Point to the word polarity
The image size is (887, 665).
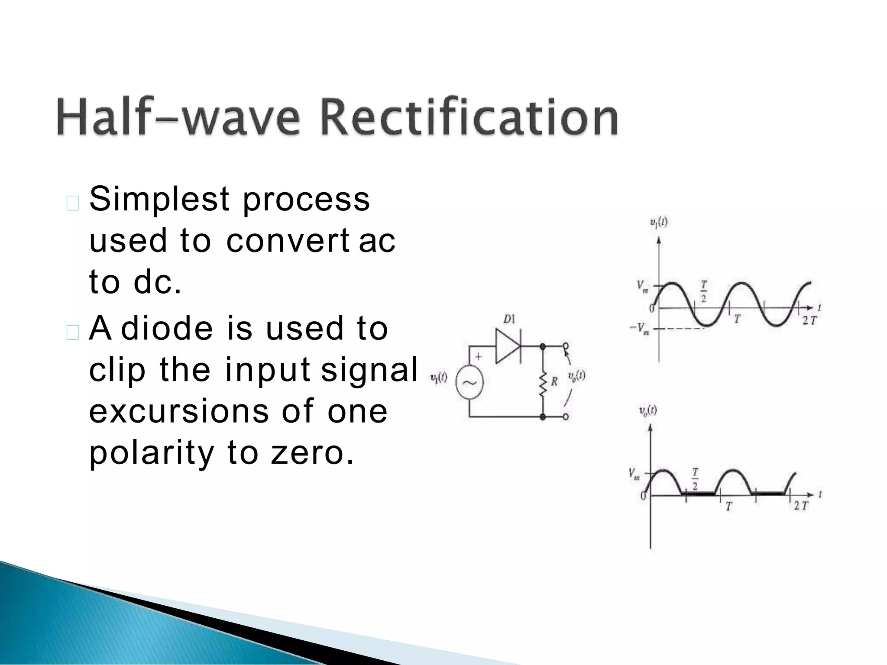pos(151,453)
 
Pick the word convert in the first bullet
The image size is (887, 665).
pos(287,240)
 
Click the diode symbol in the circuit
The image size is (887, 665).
pos(508,346)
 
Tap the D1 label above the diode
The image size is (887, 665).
pos(509,320)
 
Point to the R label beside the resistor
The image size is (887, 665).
pos(554,381)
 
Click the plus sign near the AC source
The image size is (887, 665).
pos(479,356)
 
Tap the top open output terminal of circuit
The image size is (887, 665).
pos(565,346)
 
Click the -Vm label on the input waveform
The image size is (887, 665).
pos(639,329)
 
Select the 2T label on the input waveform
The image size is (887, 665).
pos(809,321)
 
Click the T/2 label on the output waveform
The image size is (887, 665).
pos(695,478)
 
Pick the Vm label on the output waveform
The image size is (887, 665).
pos(634,474)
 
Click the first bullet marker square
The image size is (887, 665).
pos(72,203)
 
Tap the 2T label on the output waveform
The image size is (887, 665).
pos(801,506)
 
